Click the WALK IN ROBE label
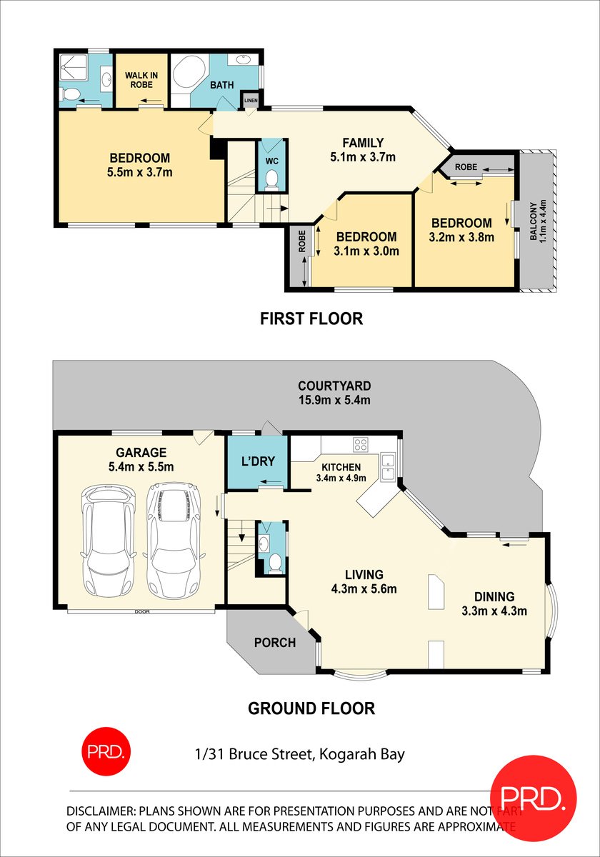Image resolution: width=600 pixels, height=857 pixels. pyautogui.click(x=141, y=80)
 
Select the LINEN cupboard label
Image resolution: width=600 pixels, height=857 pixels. pyautogui.click(x=251, y=101)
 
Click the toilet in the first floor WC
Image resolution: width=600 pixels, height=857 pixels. pyautogui.click(x=271, y=180)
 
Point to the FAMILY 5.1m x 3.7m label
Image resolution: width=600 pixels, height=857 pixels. pyautogui.click(x=363, y=149)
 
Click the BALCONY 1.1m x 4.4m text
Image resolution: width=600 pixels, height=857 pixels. pyautogui.click(x=538, y=221)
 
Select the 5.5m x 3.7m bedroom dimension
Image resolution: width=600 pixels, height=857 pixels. pyautogui.click(x=140, y=172)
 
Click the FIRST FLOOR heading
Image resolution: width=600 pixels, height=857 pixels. pyautogui.click(x=311, y=319)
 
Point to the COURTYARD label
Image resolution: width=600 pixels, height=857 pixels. pyautogui.click(x=334, y=386)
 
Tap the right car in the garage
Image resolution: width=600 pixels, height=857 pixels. pyautogui.click(x=174, y=540)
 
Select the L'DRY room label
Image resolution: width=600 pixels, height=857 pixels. pyautogui.click(x=258, y=461)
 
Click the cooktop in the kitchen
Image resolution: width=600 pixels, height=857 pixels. pyautogui.click(x=361, y=444)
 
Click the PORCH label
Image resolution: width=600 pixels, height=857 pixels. pyautogui.click(x=275, y=642)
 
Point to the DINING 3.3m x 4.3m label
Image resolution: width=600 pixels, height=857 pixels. pyautogui.click(x=494, y=603)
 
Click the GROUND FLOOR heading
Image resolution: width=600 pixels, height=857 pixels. pyautogui.click(x=311, y=708)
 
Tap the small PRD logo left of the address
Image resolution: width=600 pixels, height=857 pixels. pyautogui.click(x=106, y=752)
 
